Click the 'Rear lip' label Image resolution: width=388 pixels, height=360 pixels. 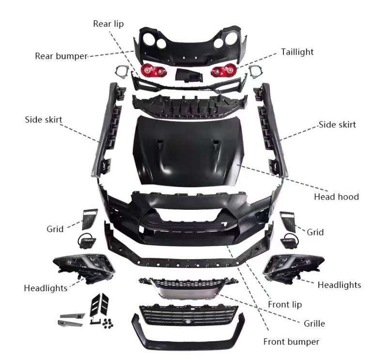109,24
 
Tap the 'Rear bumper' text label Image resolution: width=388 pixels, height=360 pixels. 61,56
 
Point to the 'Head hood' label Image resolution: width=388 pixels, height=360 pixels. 336,197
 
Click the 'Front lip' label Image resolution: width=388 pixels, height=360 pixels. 285,304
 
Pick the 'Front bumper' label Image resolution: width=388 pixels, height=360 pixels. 291,342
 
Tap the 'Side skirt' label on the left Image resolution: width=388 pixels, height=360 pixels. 44,120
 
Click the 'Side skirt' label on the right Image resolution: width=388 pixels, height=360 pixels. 337,125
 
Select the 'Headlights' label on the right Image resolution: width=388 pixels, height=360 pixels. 339,285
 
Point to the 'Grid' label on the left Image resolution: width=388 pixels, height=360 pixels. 55,229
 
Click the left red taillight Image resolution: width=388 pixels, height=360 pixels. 153,71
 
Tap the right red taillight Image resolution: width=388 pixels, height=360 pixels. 223,71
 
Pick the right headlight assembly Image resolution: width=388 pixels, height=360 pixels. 288,265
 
